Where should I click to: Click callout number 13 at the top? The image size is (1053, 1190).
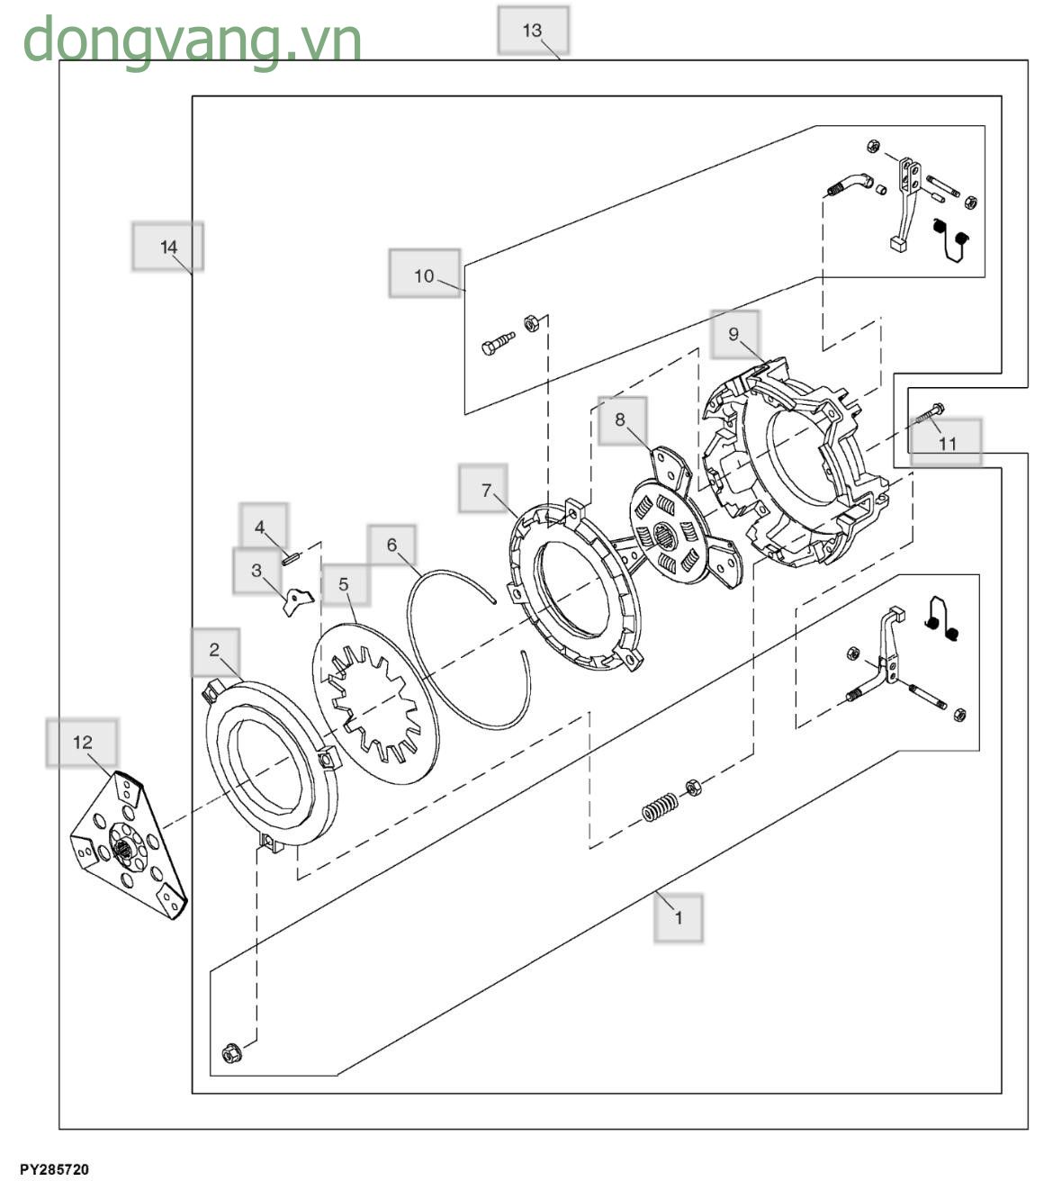point(533,31)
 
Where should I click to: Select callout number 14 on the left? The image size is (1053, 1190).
point(168,247)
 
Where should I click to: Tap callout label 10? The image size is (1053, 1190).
point(424,275)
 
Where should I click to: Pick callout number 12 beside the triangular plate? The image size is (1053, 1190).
point(82,743)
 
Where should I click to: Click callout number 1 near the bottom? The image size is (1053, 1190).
point(679,918)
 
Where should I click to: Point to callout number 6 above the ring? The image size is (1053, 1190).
point(391,545)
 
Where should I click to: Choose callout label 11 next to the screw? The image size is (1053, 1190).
point(948,444)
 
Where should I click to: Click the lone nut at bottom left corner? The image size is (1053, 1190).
point(230,1051)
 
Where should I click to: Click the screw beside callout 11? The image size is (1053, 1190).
point(929,415)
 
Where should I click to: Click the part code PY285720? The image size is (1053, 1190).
point(54,1170)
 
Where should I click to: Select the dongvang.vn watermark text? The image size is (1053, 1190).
point(192,40)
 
